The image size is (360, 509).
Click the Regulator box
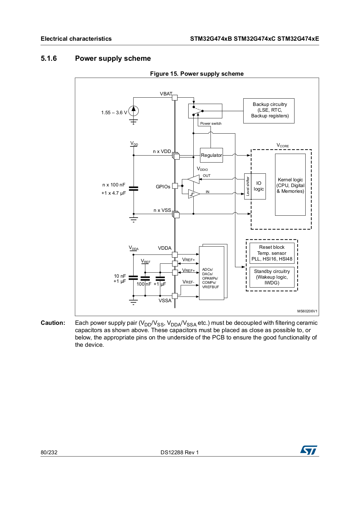point(211,155)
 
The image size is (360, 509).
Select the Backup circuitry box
point(269,111)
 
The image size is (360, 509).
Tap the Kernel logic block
point(290,185)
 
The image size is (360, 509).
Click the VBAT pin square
point(175,97)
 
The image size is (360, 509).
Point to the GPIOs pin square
point(175,186)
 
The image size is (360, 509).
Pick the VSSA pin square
point(175,296)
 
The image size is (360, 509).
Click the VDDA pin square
point(175,254)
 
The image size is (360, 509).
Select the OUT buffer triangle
point(193,179)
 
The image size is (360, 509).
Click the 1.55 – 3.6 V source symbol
point(134,111)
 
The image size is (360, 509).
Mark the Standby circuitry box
point(272,277)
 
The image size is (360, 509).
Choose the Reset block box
point(272,253)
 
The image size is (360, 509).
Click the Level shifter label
point(248,186)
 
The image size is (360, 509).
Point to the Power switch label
point(211,123)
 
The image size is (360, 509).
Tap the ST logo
point(309,450)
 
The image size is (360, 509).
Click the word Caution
point(53,323)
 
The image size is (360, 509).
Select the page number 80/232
point(49,452)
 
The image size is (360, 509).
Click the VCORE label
point(283,145)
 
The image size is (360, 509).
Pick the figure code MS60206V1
point(307,311)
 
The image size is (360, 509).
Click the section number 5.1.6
point(49,59)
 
